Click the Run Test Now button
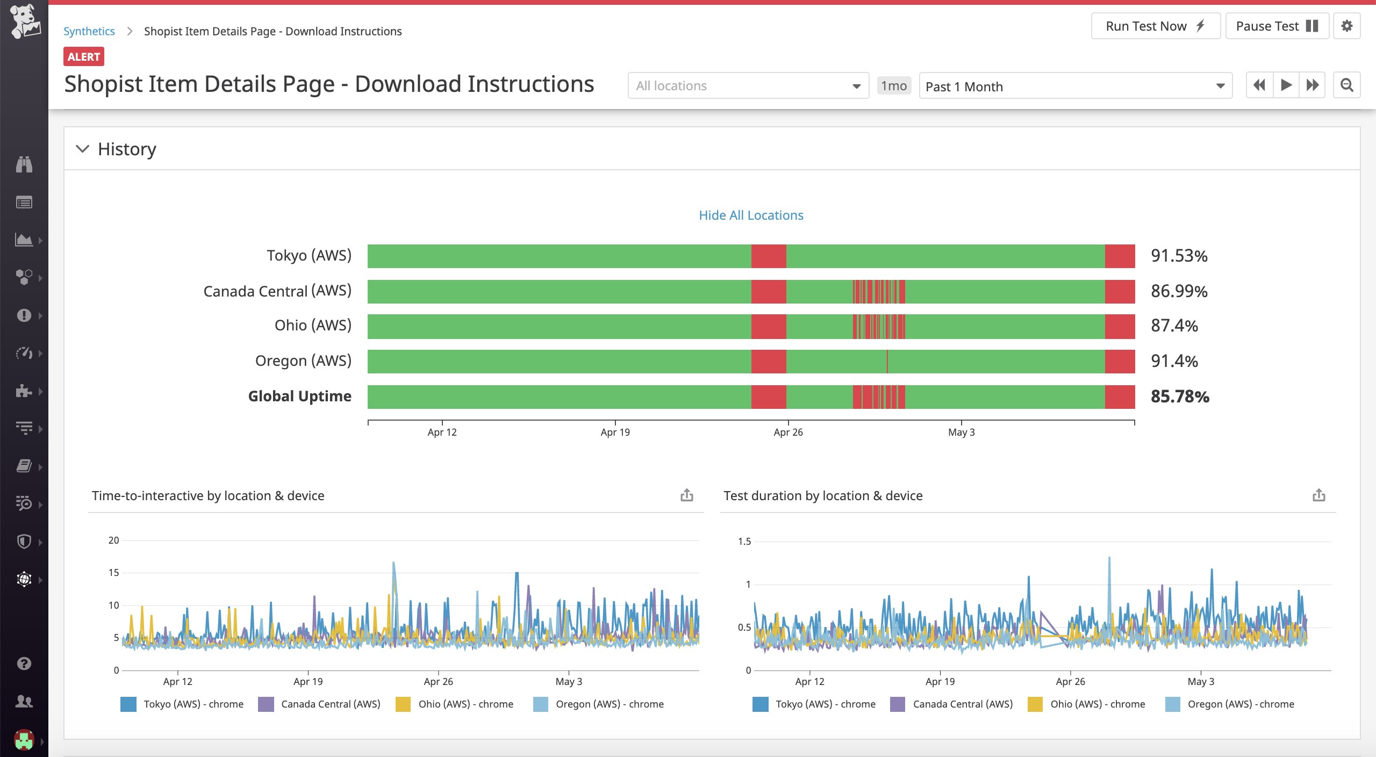coord(1155,26)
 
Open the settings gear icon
coord(1346,26)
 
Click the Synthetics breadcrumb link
coord(89,31)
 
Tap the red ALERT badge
coord(83,56)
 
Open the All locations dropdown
coord(748,86)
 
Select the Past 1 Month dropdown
coord(1074,86)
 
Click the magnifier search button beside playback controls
coord(1346,85)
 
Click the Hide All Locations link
coord(750,215)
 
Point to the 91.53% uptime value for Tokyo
coord(1179,256)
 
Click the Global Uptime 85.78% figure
coord(1179,396)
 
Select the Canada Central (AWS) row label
coord(277,291)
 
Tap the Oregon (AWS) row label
coord(303,361)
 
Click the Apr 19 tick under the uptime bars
coord(615,432)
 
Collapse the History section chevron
coord(82,149)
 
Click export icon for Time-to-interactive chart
coord(686,495)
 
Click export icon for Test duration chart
coord(1318,495)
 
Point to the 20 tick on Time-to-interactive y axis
coord(113,540)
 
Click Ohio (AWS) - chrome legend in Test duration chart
coord(1096,704)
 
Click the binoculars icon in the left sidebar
coord(24,164)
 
